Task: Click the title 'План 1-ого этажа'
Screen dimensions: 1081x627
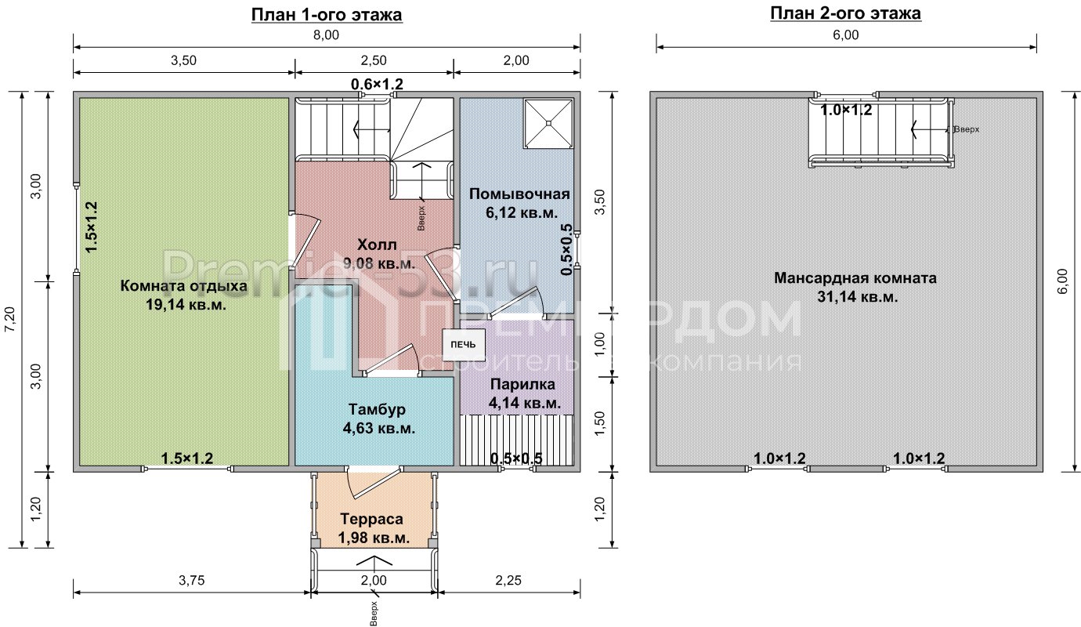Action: tap(327, 15)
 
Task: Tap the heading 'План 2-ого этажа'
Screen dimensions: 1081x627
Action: tap(845, 13)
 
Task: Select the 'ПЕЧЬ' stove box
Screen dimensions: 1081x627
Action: tap(463, 344)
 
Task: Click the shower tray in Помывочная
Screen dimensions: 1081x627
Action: tap(548, 124)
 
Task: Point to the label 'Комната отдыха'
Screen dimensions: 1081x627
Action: tap(183, 286)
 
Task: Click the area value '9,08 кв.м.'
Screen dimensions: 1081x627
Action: tap(379, 264)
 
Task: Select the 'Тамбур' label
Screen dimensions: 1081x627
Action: tap(377, 409)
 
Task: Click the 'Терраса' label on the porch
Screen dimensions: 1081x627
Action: tap(371, 519)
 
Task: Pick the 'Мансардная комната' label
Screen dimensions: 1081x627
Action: tap(855, 278)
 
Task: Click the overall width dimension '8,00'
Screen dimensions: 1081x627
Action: tap(326, 35)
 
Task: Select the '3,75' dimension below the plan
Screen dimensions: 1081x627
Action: tap(192, 580)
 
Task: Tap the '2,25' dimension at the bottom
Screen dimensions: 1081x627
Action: tap(508, 580)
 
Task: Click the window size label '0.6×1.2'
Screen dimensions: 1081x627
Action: tap(377, 85)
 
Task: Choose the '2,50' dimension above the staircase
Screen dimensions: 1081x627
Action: tap(374, 60)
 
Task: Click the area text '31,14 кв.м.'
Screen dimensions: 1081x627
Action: tap(858, 297)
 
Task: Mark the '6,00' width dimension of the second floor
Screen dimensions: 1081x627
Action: tap(845, 35)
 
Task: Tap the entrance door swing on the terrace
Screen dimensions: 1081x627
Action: tap(374, 483)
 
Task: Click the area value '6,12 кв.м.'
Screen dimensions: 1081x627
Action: tap(522, 213)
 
